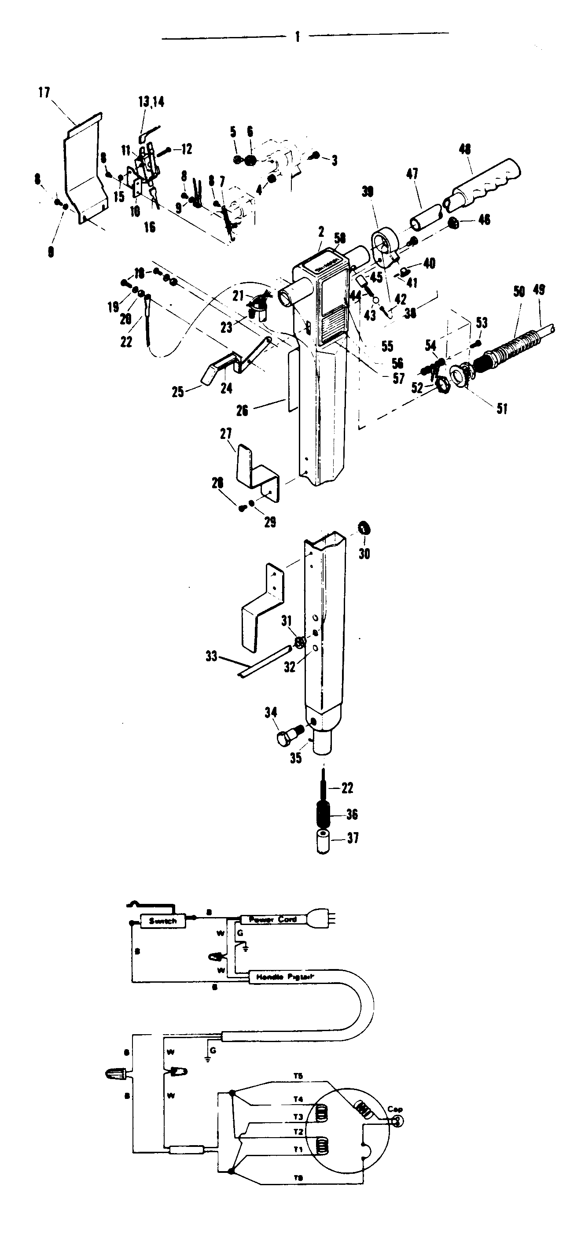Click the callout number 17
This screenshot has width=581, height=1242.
pos(44,92)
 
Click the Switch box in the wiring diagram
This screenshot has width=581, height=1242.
pos(162,921)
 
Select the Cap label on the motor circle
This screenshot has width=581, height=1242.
pos(395,1109)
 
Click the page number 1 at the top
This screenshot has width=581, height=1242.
pos(298,37)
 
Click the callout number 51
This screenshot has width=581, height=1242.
pos(502,409)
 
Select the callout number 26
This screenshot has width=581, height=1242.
pos(242,410)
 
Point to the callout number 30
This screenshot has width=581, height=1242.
pos(364,553)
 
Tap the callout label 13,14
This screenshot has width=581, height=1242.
pos(151,102)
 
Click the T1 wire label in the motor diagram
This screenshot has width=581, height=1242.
pos(298,1150)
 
